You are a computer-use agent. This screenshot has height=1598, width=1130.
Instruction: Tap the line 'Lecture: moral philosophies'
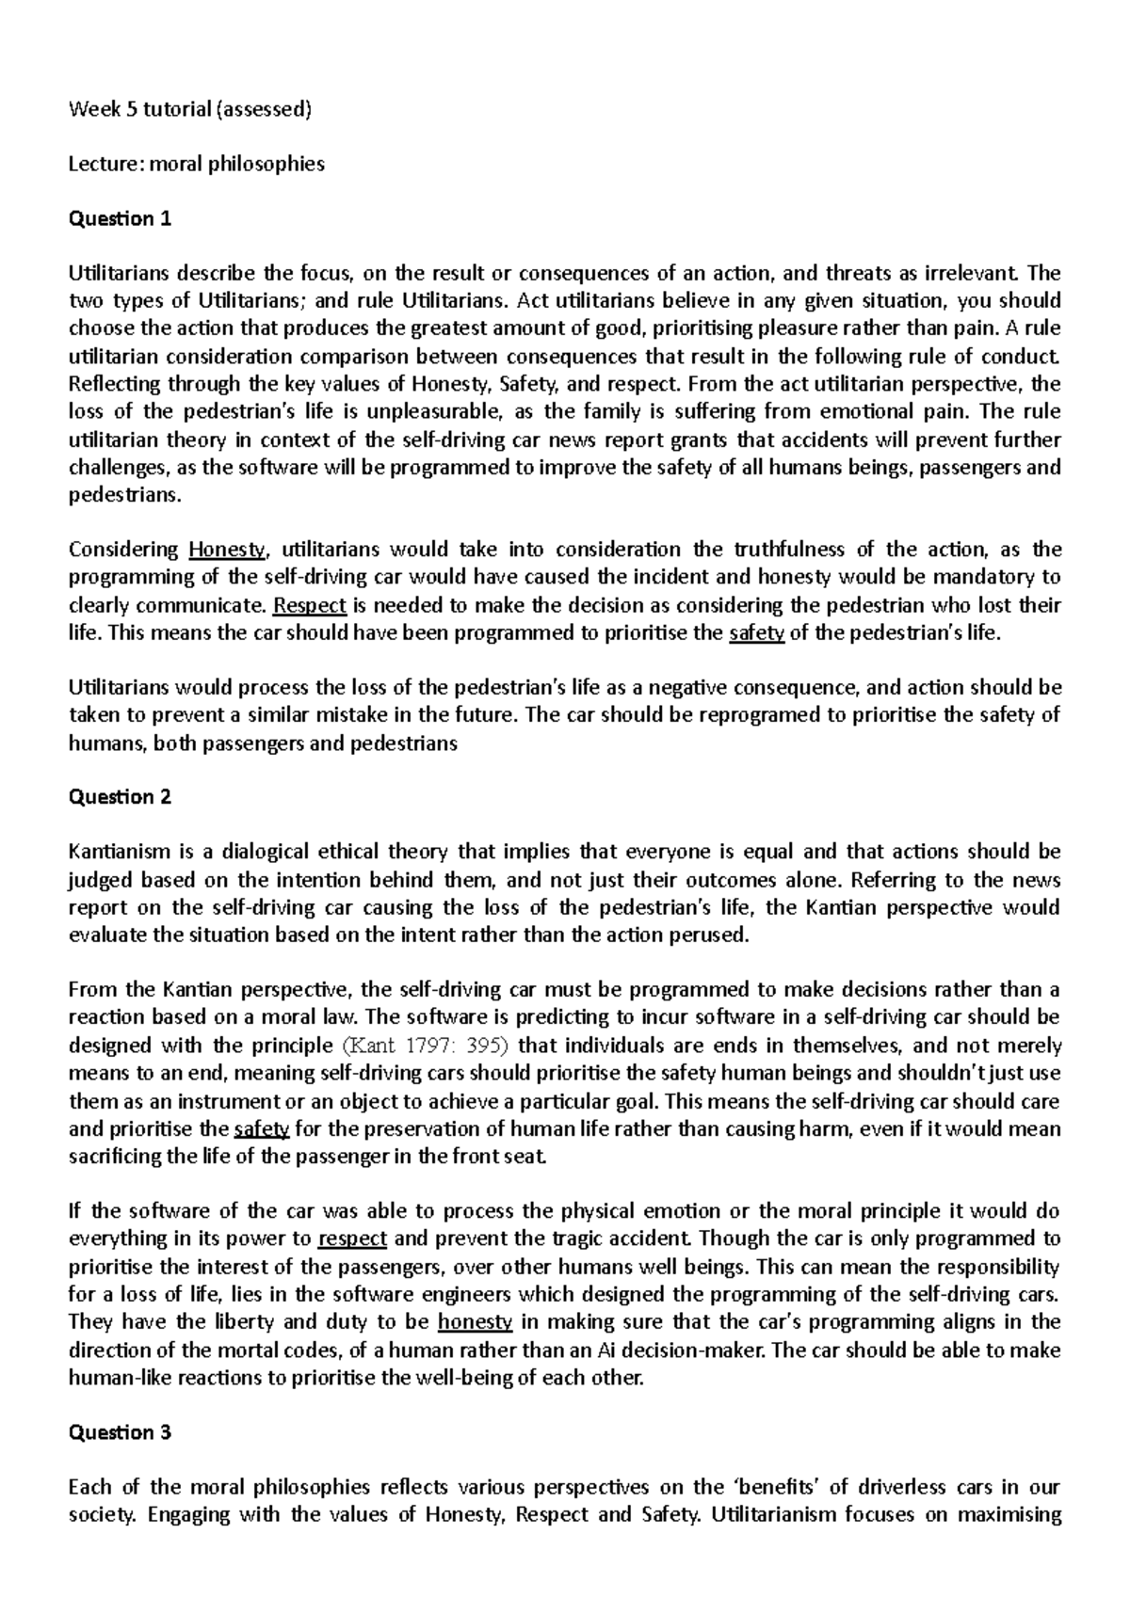pos(197,164)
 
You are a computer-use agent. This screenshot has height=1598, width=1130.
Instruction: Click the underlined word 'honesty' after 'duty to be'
pos(476,1322)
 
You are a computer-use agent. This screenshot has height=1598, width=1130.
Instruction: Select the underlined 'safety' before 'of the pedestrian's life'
pos(757,633)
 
